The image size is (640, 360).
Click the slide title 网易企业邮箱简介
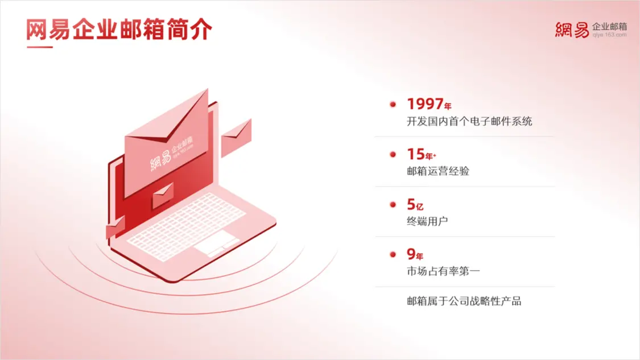[119, 30]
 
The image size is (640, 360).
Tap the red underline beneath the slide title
[40, 47]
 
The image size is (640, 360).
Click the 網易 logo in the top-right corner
[572, 30]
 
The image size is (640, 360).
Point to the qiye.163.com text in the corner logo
[609, 35]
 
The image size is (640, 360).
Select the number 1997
[426, 104]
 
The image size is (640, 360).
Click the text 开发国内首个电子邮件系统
[469, 121]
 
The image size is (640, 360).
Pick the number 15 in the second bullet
[416, 154]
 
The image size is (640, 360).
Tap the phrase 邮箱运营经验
[438, 171]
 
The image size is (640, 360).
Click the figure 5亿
[415, 205]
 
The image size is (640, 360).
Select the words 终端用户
[427, 221]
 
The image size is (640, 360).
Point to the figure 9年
[415, 255]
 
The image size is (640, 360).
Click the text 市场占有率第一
[443, 271]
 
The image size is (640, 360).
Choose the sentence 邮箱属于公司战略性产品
[464, 301]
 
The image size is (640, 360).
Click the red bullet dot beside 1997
[393, 105]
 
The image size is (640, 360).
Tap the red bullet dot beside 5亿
[393, 205]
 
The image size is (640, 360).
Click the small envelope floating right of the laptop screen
[236, 138]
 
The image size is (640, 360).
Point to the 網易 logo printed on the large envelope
[161, 159]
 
